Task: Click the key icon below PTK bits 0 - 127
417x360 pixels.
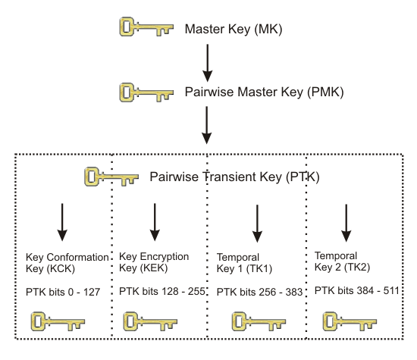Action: [55, 321]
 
